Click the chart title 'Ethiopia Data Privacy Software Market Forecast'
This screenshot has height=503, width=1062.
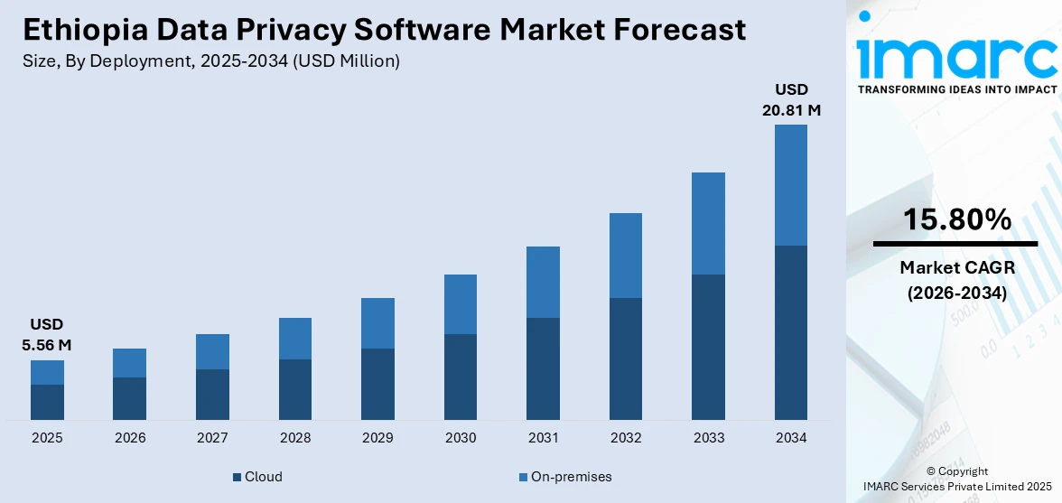point(385,30)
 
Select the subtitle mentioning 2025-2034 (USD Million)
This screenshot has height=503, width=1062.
point(211,61)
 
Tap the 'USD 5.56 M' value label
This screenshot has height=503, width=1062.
point(47,334)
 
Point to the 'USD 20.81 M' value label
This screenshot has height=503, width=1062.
point(791,100)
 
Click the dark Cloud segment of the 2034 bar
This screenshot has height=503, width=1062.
point(791,332)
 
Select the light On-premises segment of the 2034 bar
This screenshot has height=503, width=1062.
point(791,185)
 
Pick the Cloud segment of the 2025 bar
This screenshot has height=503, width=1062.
point(47,402)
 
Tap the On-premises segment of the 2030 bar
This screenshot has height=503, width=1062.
point(461,304)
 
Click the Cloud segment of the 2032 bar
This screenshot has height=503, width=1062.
point(626,359)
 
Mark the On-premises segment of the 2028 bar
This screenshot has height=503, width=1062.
point(295,339)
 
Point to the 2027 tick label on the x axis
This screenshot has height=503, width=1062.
point(212,438)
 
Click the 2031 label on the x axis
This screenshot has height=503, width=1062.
point(543,438)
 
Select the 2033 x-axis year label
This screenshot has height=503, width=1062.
point(708,438)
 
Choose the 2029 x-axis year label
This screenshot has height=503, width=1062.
point(377,438)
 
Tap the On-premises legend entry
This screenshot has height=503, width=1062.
point(565,477)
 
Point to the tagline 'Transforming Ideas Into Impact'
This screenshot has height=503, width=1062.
point(956,89)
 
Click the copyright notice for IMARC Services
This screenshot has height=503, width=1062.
point(956,479)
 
